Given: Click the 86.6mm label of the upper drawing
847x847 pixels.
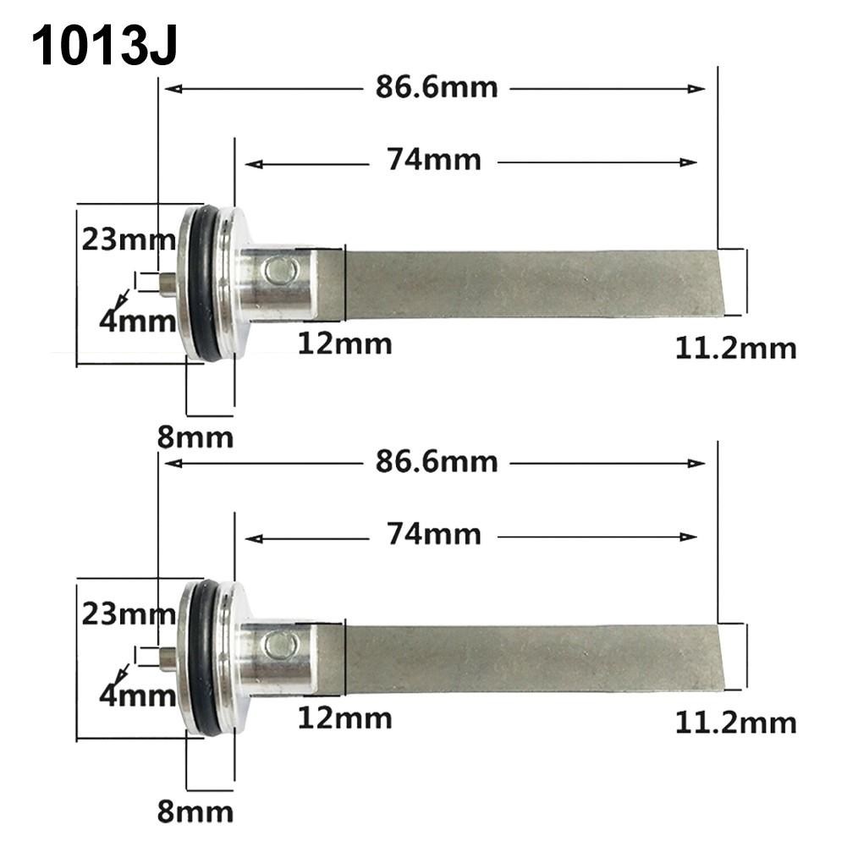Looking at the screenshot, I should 437,87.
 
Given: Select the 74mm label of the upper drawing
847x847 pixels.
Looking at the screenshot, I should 434,159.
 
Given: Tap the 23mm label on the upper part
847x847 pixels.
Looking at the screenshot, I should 128,240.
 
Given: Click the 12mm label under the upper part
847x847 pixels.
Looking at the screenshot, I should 344,344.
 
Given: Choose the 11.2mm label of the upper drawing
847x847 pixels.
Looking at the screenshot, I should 735,348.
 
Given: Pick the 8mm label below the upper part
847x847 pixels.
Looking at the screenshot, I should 195,437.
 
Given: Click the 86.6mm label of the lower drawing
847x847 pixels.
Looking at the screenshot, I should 437,462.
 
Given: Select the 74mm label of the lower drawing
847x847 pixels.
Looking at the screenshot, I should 434,534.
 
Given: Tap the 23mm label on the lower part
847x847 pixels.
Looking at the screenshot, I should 128,614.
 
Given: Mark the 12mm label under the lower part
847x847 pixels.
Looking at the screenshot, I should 344,718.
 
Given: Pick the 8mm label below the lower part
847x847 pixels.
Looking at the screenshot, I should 195,811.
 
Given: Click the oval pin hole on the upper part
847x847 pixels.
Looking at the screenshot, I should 277,271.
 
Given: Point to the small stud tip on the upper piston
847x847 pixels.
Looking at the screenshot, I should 168,282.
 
